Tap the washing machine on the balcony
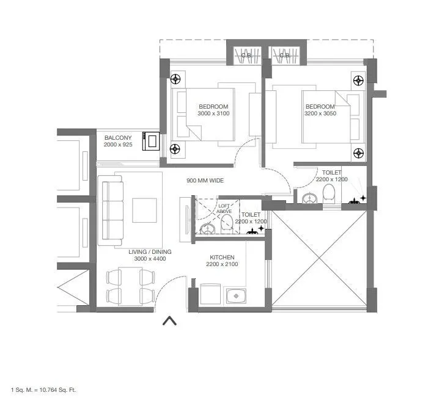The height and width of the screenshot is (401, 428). tap(151, 142)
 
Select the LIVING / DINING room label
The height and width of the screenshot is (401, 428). tap(150, 255)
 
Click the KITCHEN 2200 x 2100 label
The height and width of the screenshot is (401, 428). tap(221, 260)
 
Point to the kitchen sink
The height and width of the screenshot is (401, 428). tap(235, 297)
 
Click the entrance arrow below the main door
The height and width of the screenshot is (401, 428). tap(169, 321)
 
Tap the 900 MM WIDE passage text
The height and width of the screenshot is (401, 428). tap(205, 181)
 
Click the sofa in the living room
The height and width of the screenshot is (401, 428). tap(111, 211)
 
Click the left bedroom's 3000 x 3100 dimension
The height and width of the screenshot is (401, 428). tap(213, 113)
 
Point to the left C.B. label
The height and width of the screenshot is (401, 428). tap(246, 56)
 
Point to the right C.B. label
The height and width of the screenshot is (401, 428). tap(284, 56)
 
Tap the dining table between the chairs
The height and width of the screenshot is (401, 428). tap(130, 286)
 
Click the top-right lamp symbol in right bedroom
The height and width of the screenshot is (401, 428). tap(358, 79)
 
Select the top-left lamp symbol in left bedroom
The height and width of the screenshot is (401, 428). tap(176, 79)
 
